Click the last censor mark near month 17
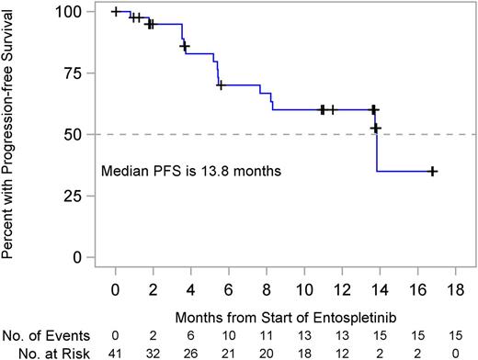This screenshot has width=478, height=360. point(432,171)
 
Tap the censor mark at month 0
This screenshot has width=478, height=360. point(115,12)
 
